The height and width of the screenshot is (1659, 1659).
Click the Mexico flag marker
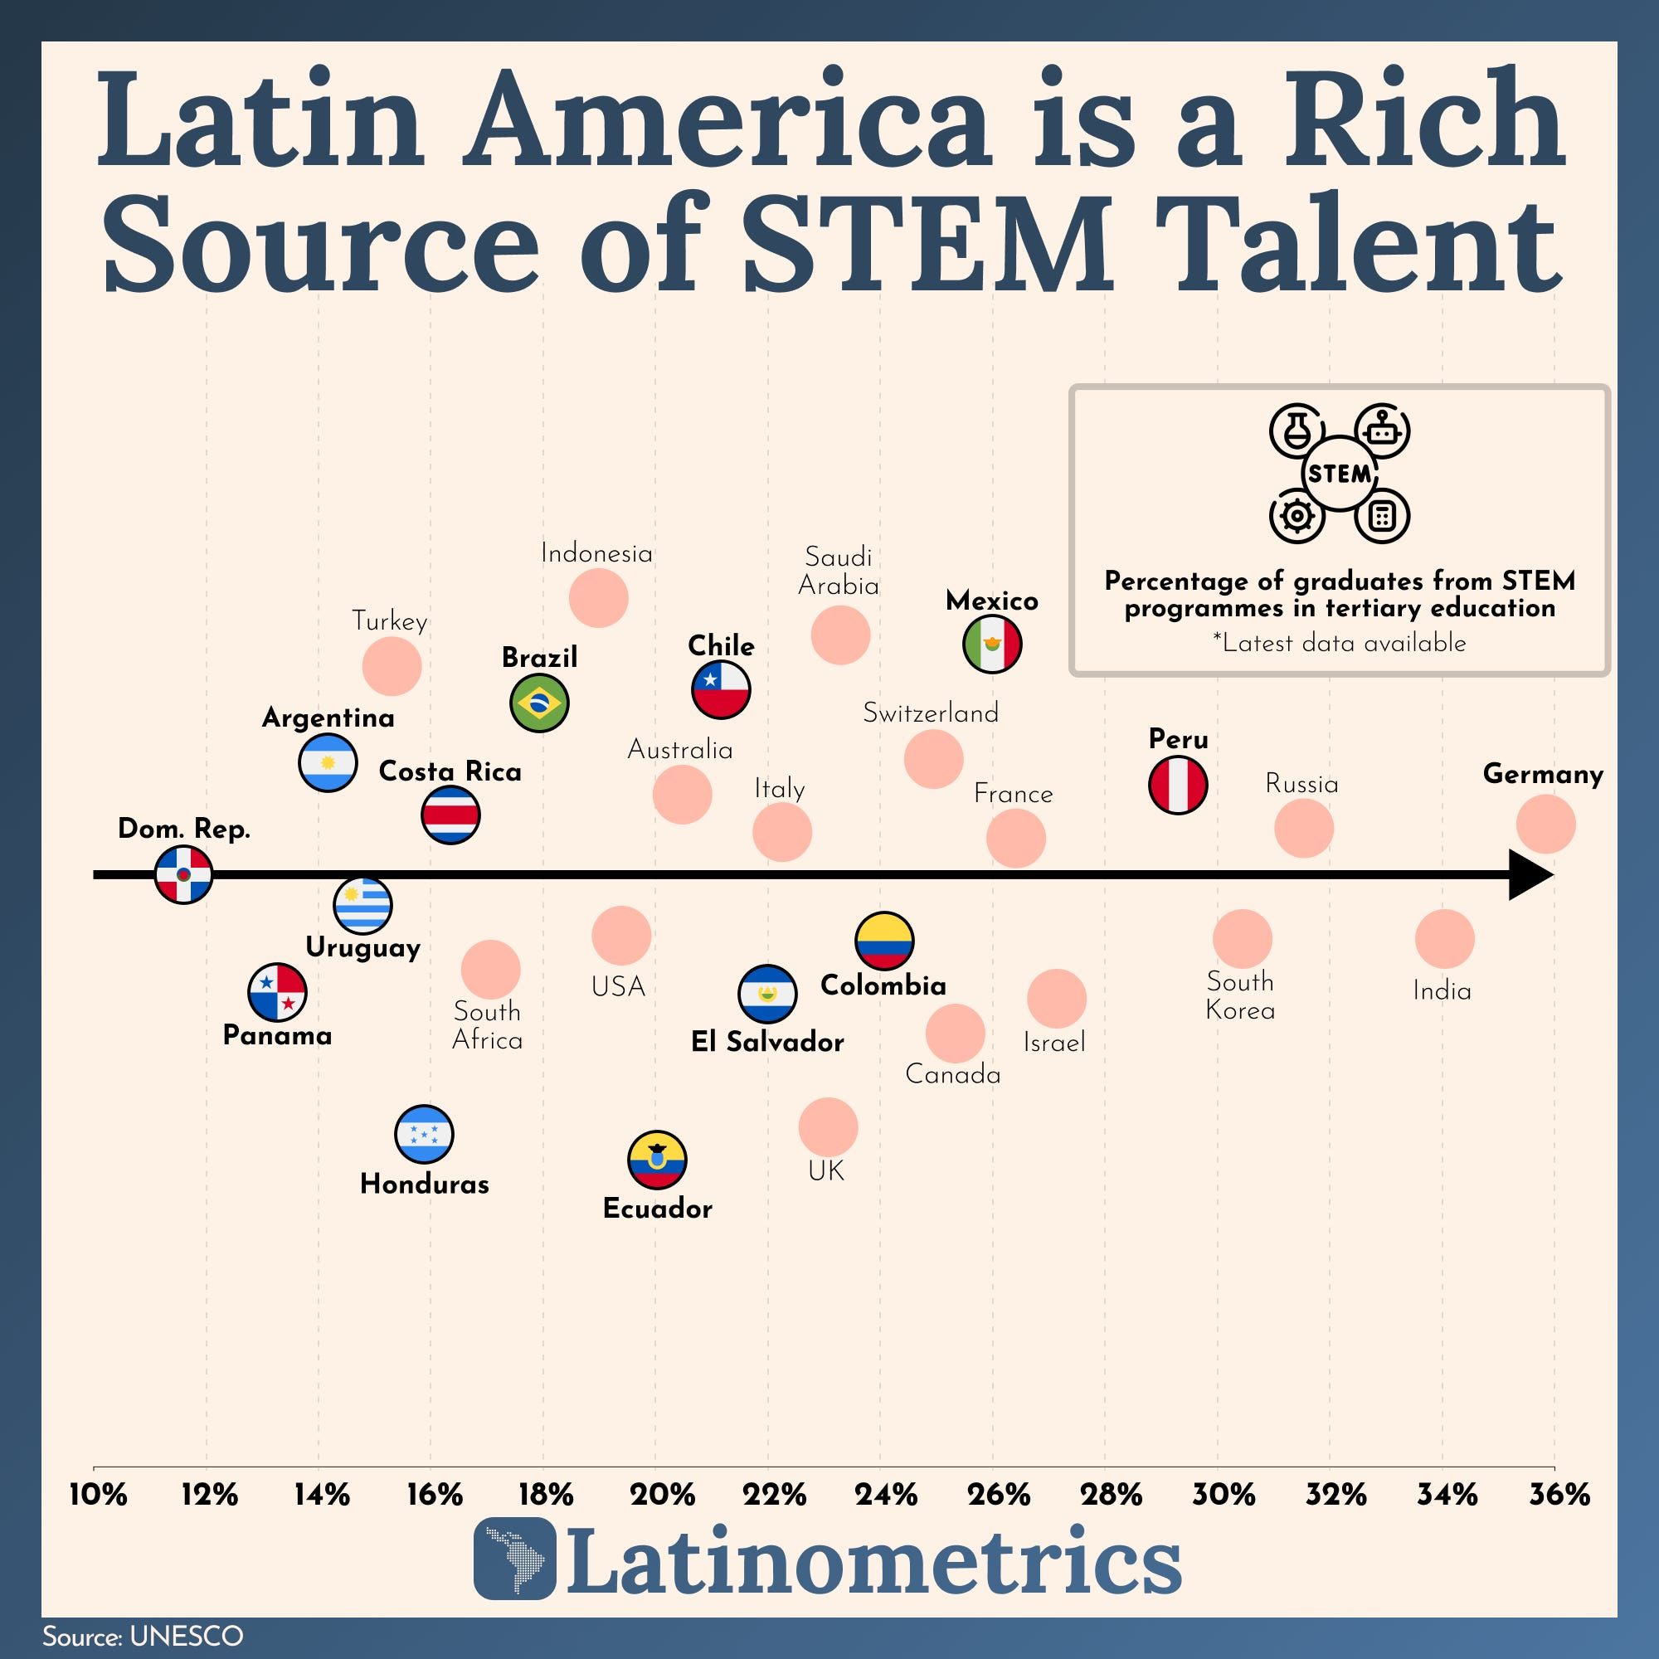pyautogui.click(x=992, y=644)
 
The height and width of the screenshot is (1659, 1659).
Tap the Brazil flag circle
pyautogui.click(x=538, y=703)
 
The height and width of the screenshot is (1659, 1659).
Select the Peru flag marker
pyautogui.click(x=1178, y=785)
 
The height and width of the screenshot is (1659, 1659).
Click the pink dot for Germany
pyautogui.click(x=1545, y=825)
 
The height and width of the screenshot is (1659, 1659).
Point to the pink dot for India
pyautogui.click(x=1444, y=938)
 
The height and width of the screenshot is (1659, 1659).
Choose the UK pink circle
pyautogui.click(x=828, y=1126)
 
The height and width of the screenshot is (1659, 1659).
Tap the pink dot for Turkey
pyautogui.click(x=392, y=666)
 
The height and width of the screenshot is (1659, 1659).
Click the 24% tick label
pyautogui.click(x=885, y=1495)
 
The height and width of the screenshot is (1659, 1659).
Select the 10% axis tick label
pyautogui.click(x=98, y=1495)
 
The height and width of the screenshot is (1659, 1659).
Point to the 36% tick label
pyautogui.click(x=1559, y=1495)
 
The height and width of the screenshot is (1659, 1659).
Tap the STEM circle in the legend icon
pyautogui.click(x=1339, y=474)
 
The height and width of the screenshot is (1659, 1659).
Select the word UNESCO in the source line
pyautogui.click(x=186, y=1637)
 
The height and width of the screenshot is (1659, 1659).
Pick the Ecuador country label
pyautogui.click(x=658, y=1209)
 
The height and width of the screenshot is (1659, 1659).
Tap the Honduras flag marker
pyautogui.click(x=424, y=1133)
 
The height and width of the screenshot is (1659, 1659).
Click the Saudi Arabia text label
pyautogui.click(x=838, y=572)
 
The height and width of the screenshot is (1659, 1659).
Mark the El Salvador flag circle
pyautogui.click(x=767, y=994)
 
